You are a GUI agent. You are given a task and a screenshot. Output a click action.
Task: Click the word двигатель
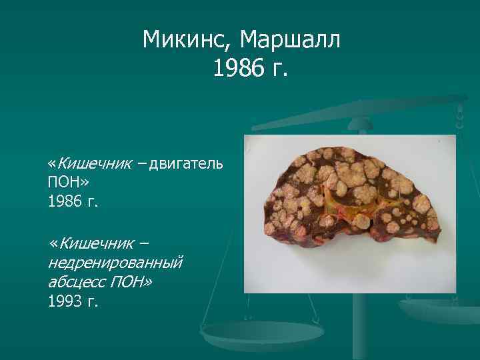coord(186,163)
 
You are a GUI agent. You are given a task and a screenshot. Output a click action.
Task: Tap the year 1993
coord(65,301)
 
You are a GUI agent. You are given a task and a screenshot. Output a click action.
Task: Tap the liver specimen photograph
coord(349,213)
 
